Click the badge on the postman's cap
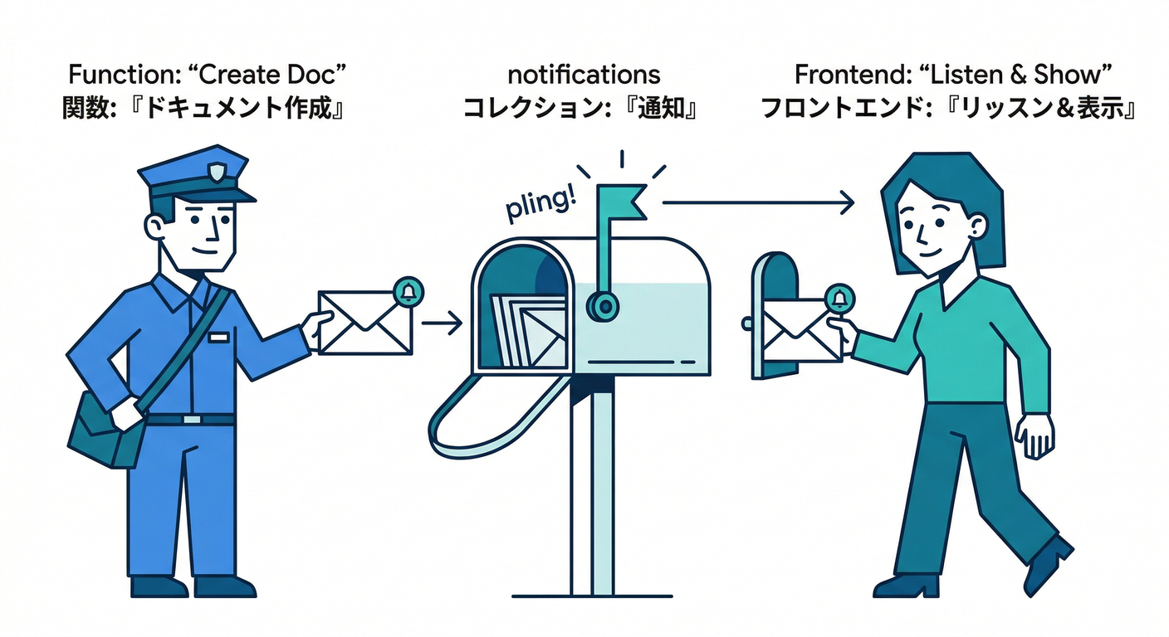(217, 173)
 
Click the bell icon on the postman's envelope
(408, 291)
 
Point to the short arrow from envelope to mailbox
(442, 322)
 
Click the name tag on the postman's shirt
(218, 338)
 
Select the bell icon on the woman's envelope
(839, 297)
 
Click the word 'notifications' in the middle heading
(584, 75)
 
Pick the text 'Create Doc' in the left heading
(267, 75)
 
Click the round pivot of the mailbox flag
(604, 306)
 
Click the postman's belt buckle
(192, 420)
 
